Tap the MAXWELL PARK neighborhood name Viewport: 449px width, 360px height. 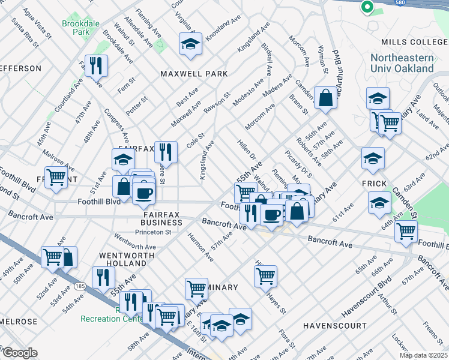194,73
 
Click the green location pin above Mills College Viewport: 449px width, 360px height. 367,7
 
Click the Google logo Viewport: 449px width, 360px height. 19,353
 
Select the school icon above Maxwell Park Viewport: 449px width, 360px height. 190,44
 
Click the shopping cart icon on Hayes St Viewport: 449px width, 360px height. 265,277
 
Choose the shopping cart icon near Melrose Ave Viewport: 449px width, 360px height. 56,178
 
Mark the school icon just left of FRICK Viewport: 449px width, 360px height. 373,159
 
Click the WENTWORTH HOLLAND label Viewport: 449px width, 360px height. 122,260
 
